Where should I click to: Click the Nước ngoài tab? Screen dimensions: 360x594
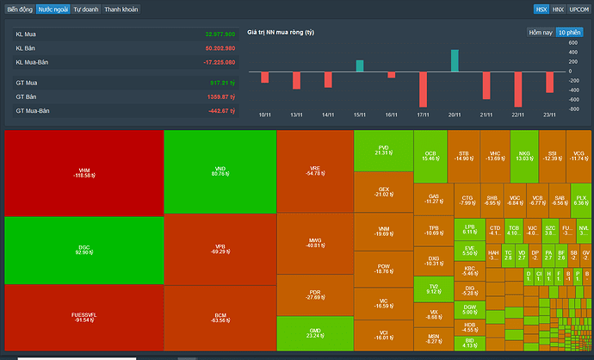pos(53,9)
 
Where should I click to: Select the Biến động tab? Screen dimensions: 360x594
pos(19,9)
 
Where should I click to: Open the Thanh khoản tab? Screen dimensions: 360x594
pos(121,9)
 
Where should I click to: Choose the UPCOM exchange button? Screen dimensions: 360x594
pos(579,9)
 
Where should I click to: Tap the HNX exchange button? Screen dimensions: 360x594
pos(558,9)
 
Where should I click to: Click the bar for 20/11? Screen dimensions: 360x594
pos(455,60)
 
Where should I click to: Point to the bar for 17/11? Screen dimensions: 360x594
pos(424,89)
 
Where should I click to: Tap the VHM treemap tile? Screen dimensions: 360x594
pos(84,172)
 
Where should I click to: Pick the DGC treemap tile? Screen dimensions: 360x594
pos(84,250)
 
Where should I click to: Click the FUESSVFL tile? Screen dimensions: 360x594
pos(84,318)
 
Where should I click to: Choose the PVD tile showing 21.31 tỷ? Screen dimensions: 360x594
pos(383,150)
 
